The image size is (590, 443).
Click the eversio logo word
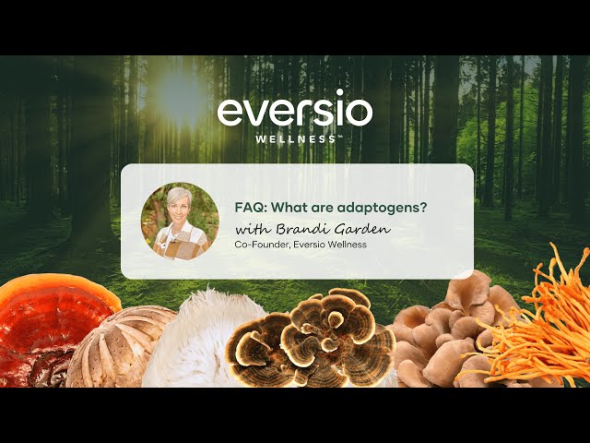pos(295,110)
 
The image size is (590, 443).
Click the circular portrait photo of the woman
pos(180,221)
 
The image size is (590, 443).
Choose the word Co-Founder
pos(265,244)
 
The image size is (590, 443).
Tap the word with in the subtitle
pos(250,227)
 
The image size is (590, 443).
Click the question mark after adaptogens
pos(422,208)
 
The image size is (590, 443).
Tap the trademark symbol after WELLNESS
pos(340,137)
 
